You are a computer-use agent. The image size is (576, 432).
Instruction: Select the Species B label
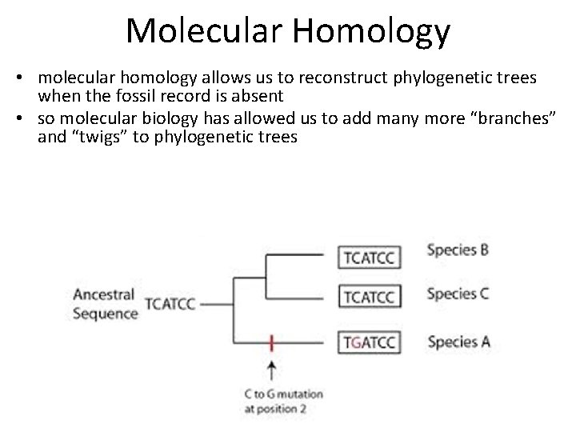[458, 250]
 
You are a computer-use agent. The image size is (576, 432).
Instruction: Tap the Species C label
[458, 294]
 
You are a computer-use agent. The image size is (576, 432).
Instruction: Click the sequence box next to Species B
[370, 257]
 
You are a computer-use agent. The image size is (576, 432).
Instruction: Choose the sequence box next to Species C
[370, 297]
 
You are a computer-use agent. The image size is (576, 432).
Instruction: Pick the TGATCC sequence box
[370, 343]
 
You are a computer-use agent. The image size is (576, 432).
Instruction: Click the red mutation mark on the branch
[273, 343]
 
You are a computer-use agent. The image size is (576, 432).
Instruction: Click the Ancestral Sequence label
[105, 304]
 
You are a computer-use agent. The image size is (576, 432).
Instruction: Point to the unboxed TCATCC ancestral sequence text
[172, 304]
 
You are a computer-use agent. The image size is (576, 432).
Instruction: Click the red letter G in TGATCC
[357, 343]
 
